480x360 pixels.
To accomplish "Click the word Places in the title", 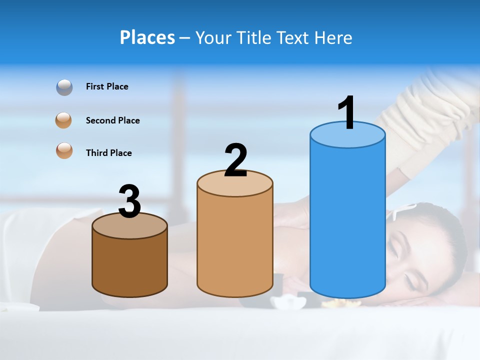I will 147,37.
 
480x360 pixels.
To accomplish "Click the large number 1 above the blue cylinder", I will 347,113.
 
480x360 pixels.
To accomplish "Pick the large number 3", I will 130,201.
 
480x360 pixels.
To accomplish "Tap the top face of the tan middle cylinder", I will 235,184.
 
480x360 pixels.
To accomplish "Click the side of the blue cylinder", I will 347,220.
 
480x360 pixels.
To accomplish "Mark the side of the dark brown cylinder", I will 130,265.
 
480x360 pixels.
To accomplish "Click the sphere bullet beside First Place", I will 64,87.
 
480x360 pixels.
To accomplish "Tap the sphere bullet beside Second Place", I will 63,120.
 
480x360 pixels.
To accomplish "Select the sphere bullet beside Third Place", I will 64,150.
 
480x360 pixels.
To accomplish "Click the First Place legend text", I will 107,86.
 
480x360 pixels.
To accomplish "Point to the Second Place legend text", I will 112,120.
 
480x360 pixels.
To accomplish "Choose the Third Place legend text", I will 108,153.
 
